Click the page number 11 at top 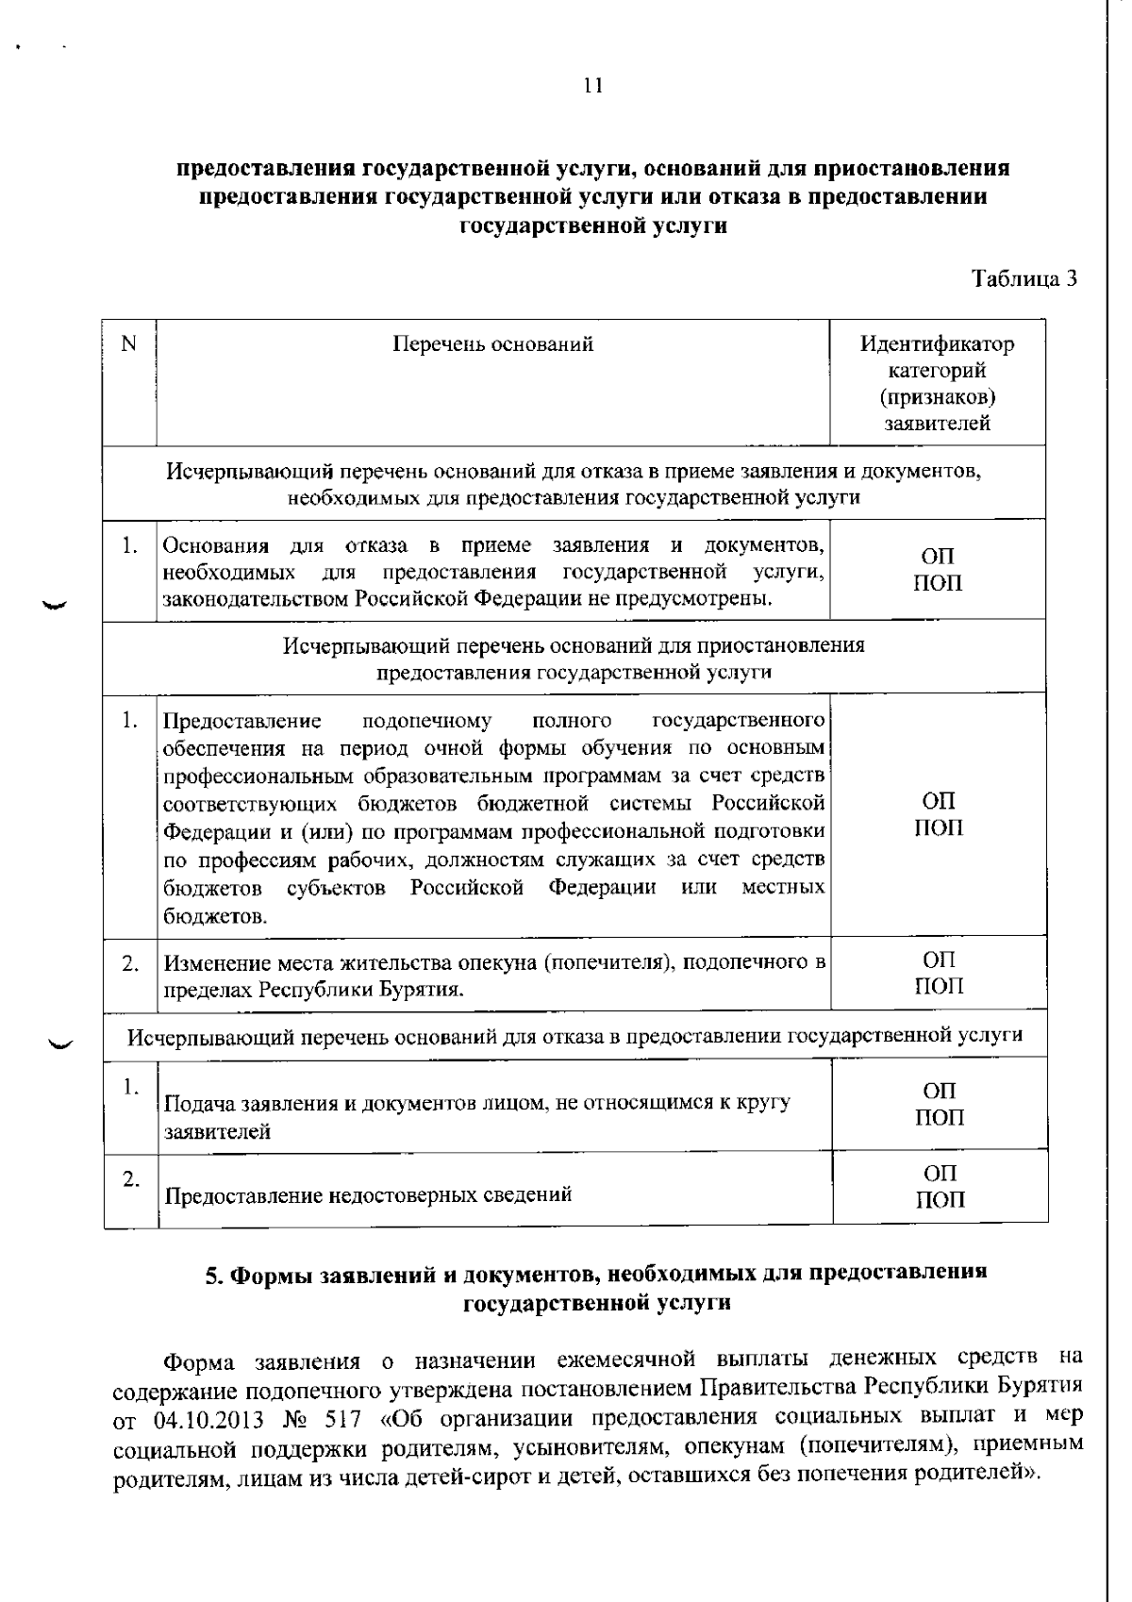(x=592, y=86)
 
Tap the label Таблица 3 (x=1024, y=279)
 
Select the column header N (x=129, y=343)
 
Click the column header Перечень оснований (x=492, y=343)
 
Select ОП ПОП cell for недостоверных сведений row (x=940, y=1186)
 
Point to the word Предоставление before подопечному (x=242, y=722)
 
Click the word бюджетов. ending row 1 (x=201, y=916)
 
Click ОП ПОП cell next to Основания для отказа (x=938, y=569)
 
